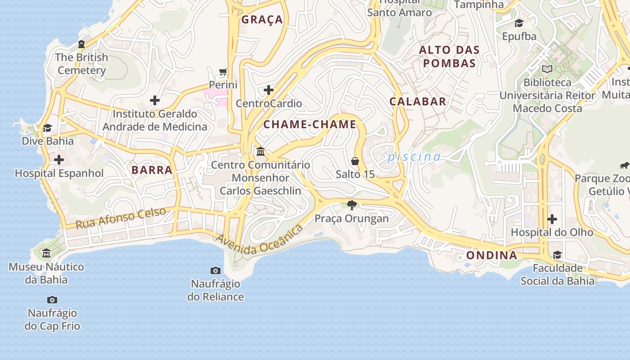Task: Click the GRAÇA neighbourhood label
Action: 262,19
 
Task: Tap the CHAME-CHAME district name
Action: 310,125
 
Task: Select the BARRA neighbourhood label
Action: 152,170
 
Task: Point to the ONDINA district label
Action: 491,256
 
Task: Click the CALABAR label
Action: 418,102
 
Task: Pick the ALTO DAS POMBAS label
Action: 450,56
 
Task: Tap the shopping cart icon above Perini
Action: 223,72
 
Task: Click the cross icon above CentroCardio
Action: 269,90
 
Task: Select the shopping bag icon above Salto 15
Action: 355,161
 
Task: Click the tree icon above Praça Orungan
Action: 352,205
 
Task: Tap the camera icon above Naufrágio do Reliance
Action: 216,270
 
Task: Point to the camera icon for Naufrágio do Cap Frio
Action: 52,300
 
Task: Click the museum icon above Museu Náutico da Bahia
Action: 46,253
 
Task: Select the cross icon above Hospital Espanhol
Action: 59,160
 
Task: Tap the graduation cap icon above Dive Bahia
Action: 47,128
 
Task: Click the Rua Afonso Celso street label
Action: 121,218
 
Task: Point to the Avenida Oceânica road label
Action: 259,240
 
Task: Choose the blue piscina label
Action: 414,157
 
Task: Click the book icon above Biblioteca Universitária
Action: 547,69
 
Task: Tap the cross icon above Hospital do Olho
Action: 552,219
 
